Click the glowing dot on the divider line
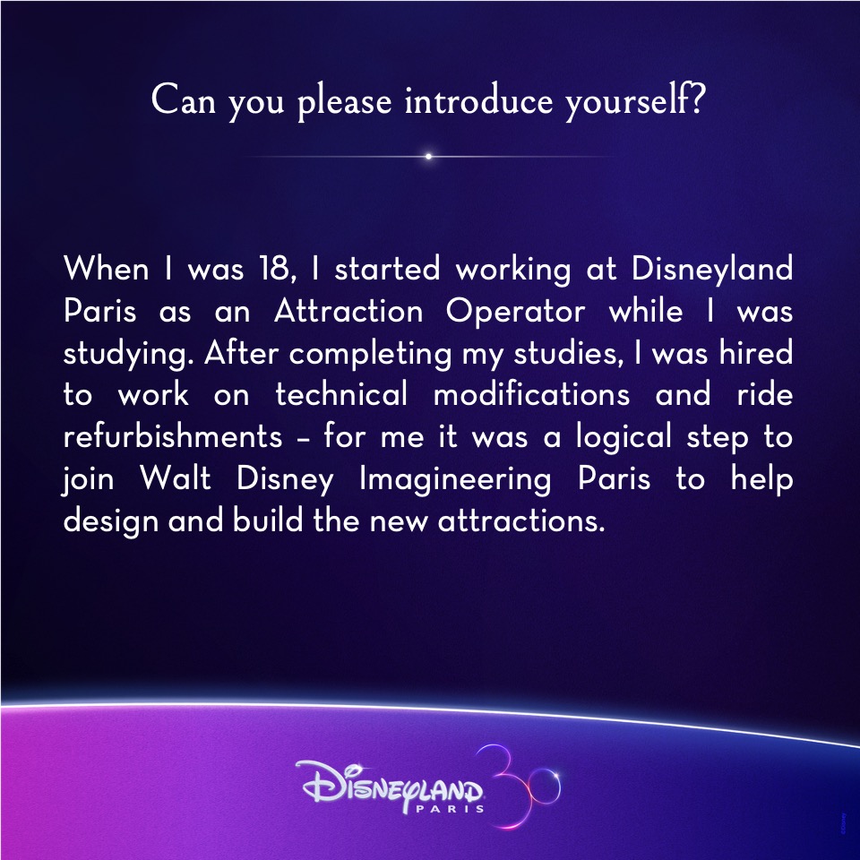tap(428, 156)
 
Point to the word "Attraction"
tap(348, 311)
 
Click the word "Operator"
tap(515, 312)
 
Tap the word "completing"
tap(371, 354)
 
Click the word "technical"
tap(341, 394)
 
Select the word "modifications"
tap(531, 394)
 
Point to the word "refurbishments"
tap(173, 436)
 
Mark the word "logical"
tap(623, 438)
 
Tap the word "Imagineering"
tap(455, 480)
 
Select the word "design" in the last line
tap(111, 521)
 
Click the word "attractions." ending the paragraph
tap(521, 521)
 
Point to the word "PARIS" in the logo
tap(451, 808)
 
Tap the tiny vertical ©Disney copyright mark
tap(843, 824)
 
